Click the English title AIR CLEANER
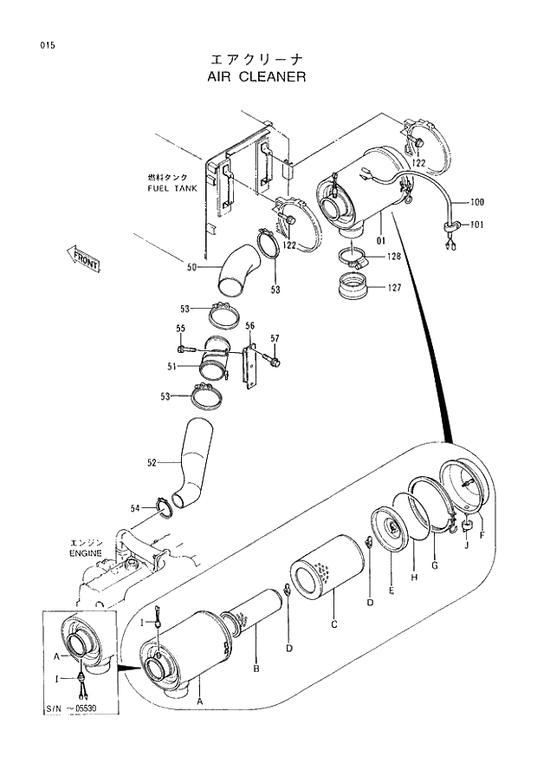(256, 76)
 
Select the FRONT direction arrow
(84, 258)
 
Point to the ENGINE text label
(86, 552)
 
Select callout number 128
(393, 257)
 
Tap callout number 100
(476, 203)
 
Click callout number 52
(152, 463)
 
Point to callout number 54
(136, 508)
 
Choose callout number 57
(275, 338)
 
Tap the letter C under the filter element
(334, 623)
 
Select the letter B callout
(256, 669)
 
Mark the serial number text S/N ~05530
(70, 709)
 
